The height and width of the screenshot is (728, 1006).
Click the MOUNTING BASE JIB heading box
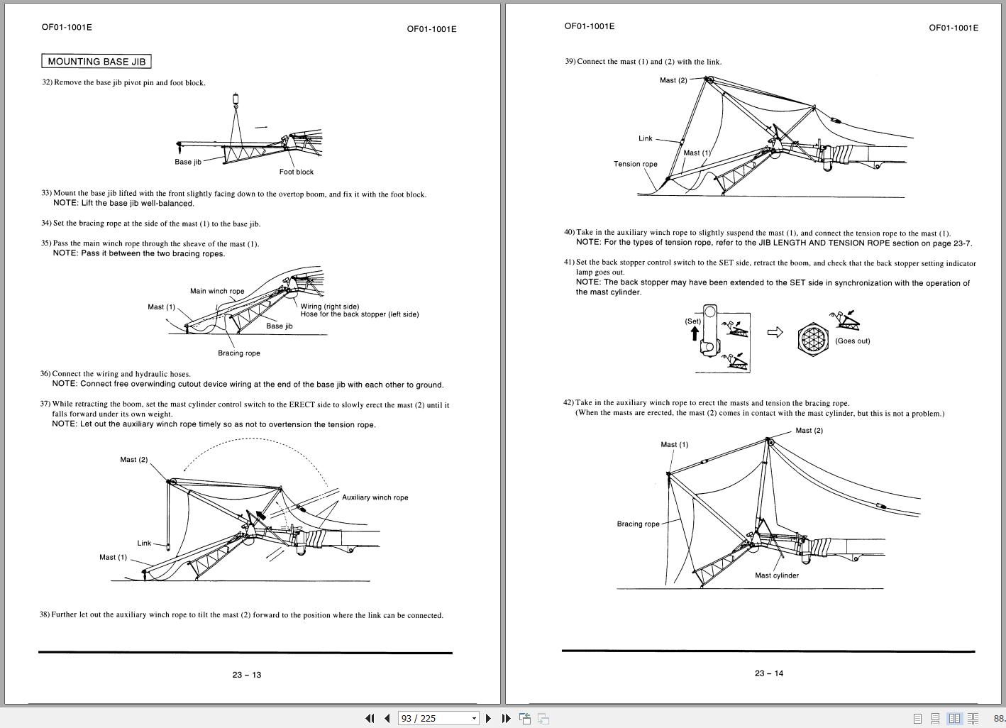pos(96,62)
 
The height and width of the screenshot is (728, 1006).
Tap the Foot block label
pos(296,172)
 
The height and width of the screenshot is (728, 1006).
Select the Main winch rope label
pos(217,291)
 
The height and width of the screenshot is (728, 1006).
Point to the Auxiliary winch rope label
pos(375,497)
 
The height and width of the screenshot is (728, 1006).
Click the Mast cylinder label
pos(776,575)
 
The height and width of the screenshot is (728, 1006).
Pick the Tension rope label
pos(635,164)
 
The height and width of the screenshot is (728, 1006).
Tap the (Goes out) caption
pos(852,341)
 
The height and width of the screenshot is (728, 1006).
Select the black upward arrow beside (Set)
pos(694,333)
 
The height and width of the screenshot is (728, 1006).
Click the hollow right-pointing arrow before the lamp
pos(775,332)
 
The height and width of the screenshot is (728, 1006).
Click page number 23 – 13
pos(246,675)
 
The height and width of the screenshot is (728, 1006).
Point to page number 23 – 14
pos(768,673)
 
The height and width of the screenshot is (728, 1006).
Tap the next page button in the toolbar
pos(488,718)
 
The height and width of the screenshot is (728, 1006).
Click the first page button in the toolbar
pos(370,718)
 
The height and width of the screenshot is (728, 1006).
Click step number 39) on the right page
pos(570,62)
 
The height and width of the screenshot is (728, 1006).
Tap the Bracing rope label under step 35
pos(238,353)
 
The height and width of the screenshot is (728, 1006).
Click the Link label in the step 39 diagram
pos(645,138)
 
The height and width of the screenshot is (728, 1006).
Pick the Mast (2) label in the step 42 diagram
pos(809,431)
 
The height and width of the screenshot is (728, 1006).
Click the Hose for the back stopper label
pos(359,314)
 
